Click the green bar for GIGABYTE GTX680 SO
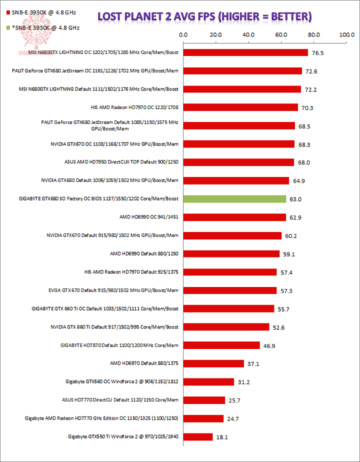pos(234,199)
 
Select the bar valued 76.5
pos(245,52)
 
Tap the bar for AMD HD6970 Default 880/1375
pos(213,363)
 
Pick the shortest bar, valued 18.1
pos(198,436)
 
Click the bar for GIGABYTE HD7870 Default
pos(221,345)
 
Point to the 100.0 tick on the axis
pos(346,35)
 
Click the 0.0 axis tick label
pos(183,35)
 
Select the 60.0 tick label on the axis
pos(281,35)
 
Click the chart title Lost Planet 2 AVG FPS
pos(204,16)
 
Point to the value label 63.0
pos(297,199)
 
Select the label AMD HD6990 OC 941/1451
pos(148,217)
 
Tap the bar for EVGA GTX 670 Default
pos(230,290)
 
